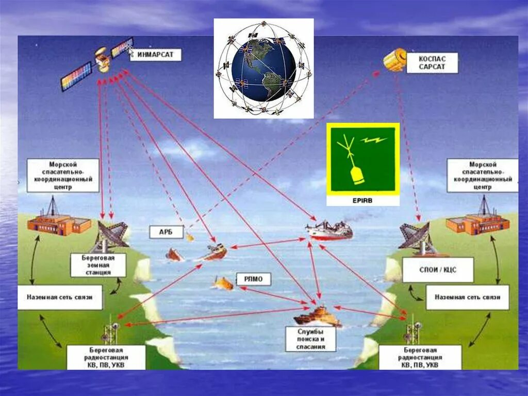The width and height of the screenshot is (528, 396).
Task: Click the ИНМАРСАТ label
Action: (155, 54)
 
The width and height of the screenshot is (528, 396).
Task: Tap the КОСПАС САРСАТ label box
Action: (432, 63)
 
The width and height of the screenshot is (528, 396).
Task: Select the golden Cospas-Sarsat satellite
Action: (394, 60)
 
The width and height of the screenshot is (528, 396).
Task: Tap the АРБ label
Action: (166, 232)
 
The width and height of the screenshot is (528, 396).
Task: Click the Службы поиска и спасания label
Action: (310, 339)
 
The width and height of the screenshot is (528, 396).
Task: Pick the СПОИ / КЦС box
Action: (438, 270)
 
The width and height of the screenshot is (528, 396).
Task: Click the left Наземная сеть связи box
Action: (59, 297)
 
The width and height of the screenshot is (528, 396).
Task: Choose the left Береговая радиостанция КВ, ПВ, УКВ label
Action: (106, 357)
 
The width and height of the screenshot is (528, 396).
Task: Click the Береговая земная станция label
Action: (98, 265)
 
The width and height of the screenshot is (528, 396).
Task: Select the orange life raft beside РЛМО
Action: (224, 283)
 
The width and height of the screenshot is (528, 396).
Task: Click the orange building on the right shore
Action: (477, 222)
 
